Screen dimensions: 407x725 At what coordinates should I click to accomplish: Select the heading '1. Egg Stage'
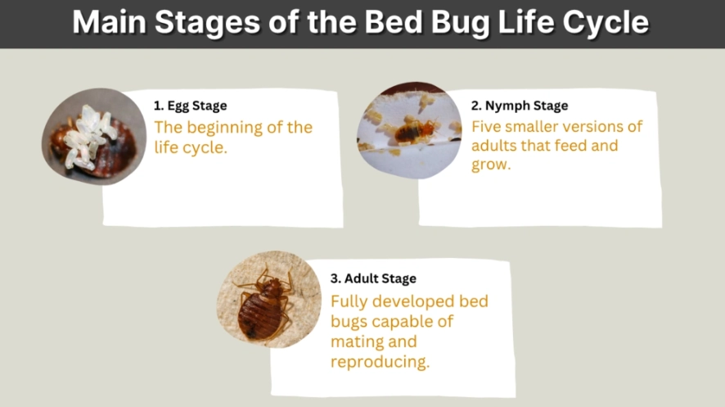coord(191,106)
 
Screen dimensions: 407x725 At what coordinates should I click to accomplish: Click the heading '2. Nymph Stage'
coord(519,106)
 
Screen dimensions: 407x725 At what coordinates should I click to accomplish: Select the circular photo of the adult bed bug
coord(266,299)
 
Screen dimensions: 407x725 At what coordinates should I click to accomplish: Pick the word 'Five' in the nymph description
coord(489,127)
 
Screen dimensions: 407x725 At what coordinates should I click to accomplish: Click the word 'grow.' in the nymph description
coord(490,165)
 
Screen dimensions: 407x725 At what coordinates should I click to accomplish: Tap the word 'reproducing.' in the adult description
coord(380,361)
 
